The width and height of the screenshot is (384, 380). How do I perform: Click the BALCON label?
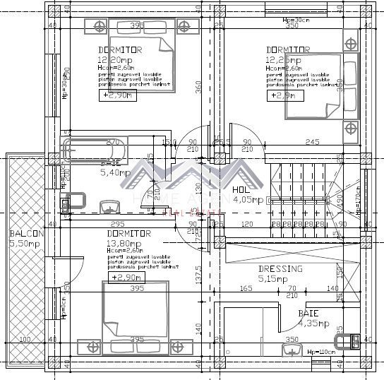27,234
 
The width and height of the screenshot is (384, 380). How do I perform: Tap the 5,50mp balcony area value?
25,243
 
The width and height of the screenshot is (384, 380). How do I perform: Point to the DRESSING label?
280,269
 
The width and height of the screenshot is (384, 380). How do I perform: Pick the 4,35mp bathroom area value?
313,323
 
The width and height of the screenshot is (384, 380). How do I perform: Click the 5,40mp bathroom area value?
115,172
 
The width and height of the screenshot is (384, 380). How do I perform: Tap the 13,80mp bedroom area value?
125,242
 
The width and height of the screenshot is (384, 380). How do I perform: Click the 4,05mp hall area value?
248,200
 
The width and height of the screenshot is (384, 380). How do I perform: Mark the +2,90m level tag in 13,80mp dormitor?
124,278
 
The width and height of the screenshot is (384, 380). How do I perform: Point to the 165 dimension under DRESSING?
246,289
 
